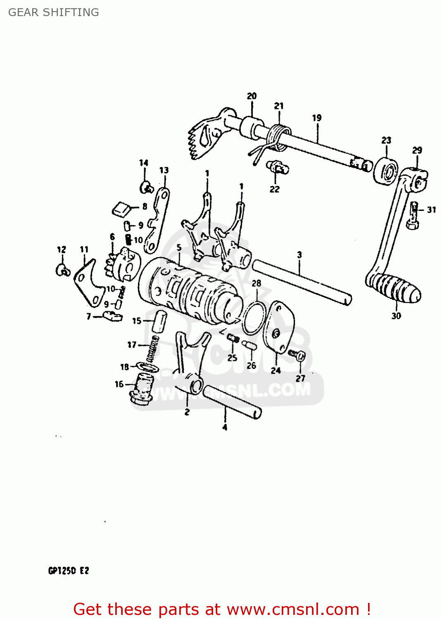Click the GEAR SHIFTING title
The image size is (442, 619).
click(54, 12)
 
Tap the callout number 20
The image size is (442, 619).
click(252, 96)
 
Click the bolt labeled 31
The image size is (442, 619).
click(414, 215)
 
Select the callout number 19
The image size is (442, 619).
click(317, 118)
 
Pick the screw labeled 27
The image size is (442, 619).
click(298, 354)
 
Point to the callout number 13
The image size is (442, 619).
click(164, 170)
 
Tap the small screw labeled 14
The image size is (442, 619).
click(147, 188)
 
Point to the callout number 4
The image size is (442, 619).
click(225, 427)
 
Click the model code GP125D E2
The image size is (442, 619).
click(69, 571)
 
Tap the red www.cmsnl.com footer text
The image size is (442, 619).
click(222, 609)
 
